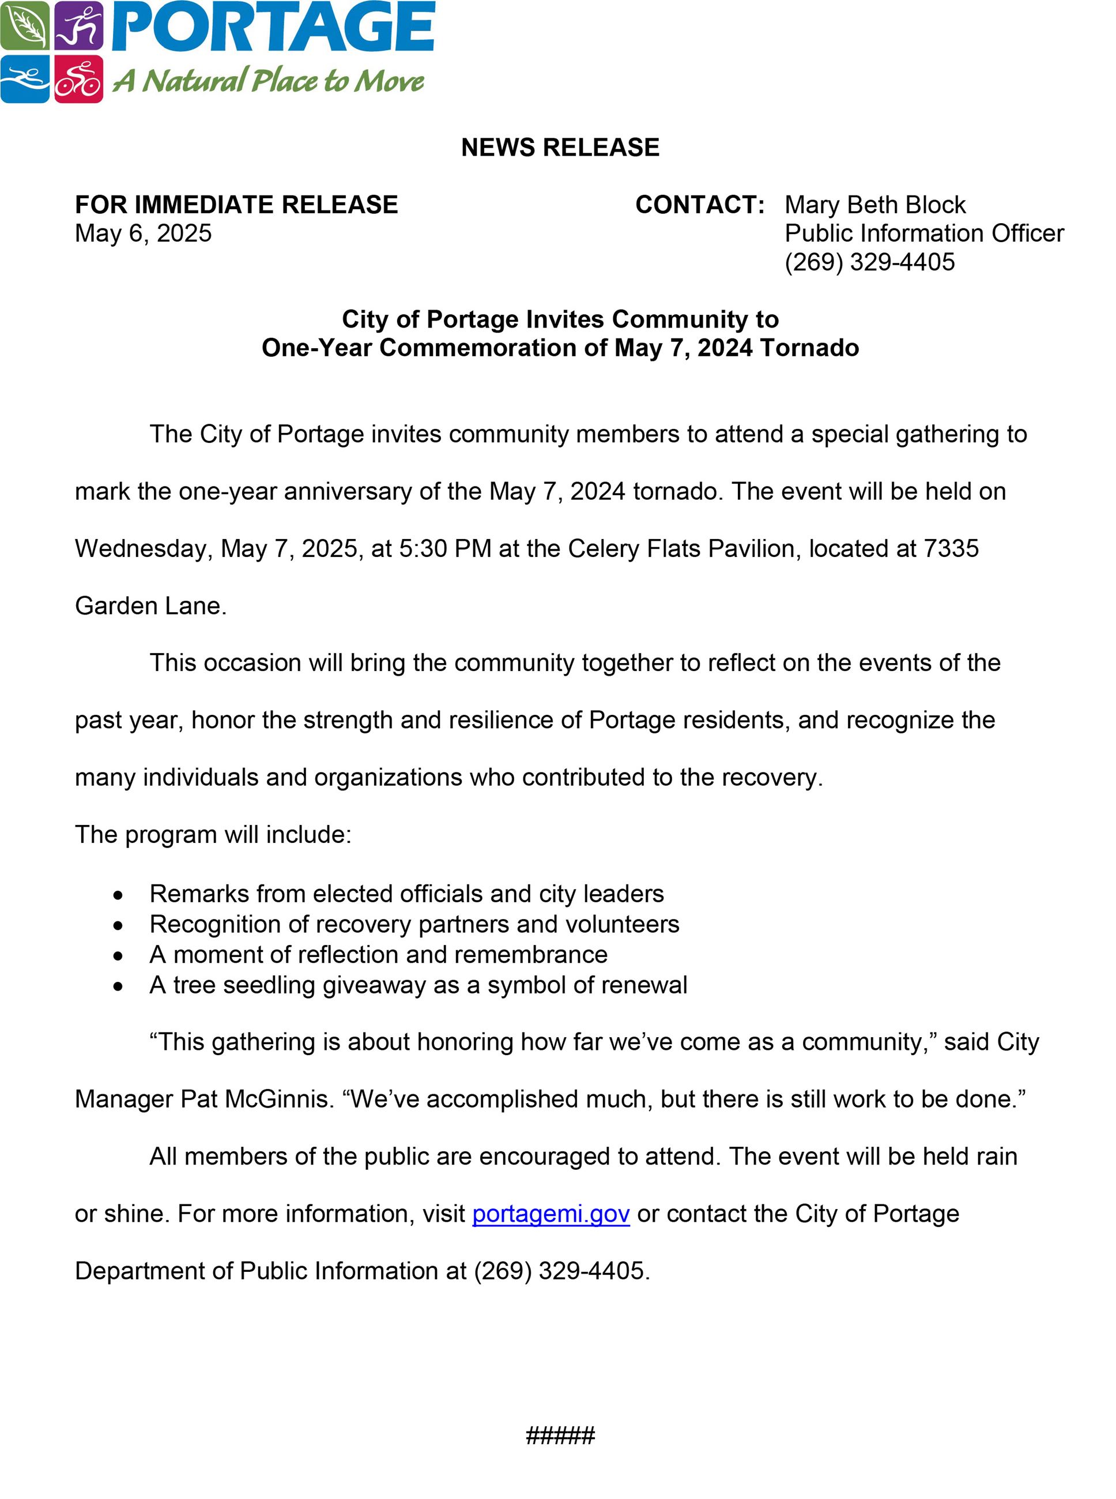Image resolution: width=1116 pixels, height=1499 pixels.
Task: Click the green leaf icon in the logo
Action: tap(24, 25)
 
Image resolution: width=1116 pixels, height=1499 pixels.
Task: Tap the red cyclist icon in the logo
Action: tap(78, 79)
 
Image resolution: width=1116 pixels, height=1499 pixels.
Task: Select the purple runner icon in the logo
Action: tap(78, 25)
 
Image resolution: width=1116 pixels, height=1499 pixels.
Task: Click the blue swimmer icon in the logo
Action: tap(24, 79)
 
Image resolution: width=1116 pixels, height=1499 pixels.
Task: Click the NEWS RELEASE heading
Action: tap(560, 147)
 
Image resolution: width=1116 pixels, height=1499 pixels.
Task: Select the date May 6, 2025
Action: tap(143, 233)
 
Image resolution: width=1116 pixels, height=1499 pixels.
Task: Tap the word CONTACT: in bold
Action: tap(700, 205)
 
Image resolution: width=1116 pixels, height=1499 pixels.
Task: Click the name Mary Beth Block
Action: tap(875, 205)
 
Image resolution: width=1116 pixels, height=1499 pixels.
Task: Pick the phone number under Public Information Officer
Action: tap(869, 262)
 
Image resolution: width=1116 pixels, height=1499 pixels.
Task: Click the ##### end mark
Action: tap(560, 1436)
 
